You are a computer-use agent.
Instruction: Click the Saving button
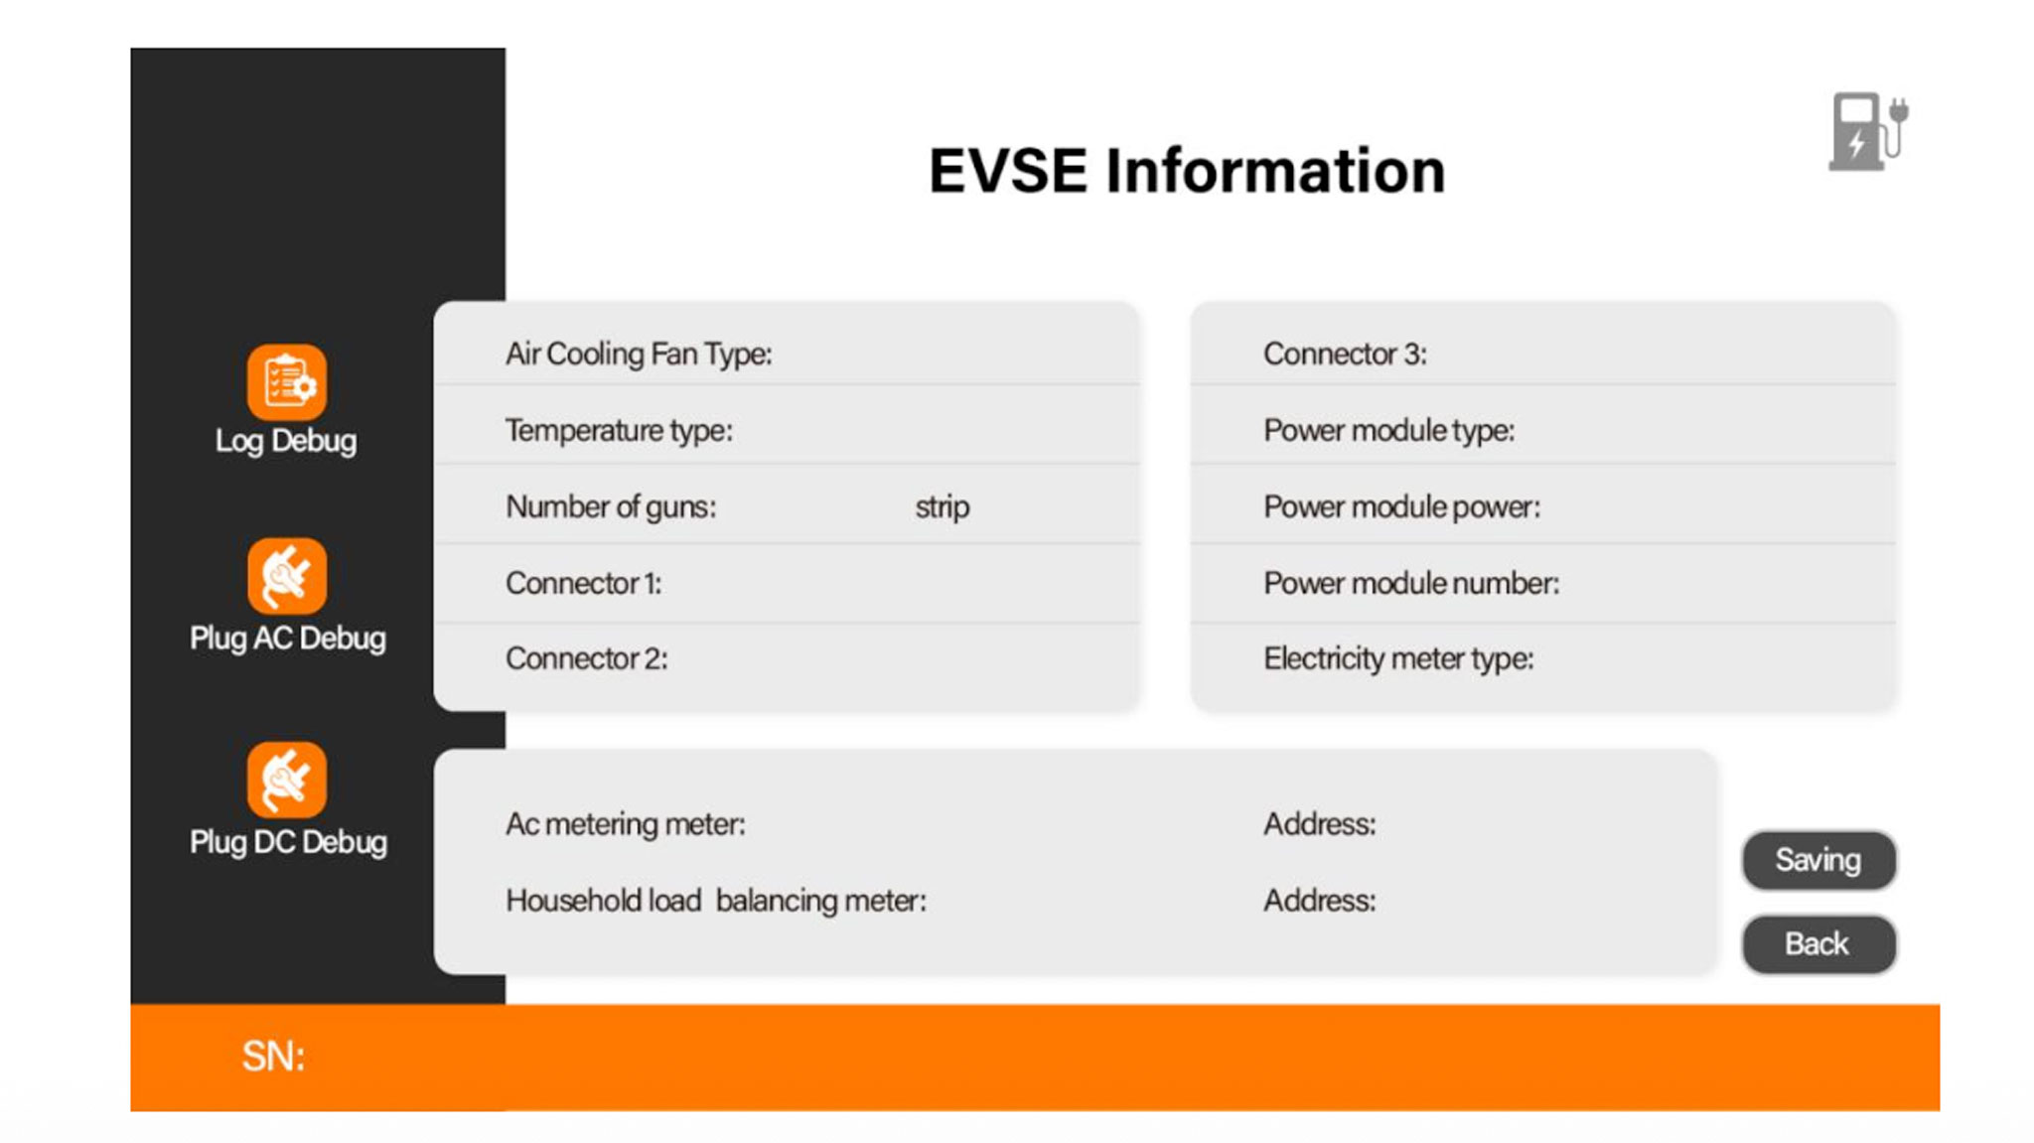(x=1818, y=860)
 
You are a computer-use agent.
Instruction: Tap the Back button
(x=1818, y=943)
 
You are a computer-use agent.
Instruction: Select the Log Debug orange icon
(x=287, y=382)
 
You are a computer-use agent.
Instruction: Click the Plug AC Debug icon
(x=287, y=576)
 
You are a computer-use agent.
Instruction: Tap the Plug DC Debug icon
(x=287, y=780)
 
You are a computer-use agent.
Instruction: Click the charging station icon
(x=1868, y=131)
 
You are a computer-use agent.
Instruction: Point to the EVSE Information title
(x=1187, y=170)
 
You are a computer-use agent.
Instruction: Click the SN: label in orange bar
(x=273, y=1056)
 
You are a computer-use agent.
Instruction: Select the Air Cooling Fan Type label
(x=639, y=355)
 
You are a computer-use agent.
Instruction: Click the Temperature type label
(x=619, y=431)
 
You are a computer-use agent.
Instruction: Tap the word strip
(x=943, y=507)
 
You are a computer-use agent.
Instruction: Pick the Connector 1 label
(x=584, y=583)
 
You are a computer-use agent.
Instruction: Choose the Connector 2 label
(x=587, y=658)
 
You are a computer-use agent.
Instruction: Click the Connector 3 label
(x=1345, y=355)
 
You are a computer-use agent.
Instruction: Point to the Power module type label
(x=1388, y=431)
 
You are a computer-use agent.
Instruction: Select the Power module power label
(x=1401, y=507)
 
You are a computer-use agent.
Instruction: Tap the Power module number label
(x=1411, y=583)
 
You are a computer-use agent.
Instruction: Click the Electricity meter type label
(x=1398, y=659)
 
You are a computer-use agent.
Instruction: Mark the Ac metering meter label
(x=626, y=824)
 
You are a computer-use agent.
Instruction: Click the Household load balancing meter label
(x=716, y=901)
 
